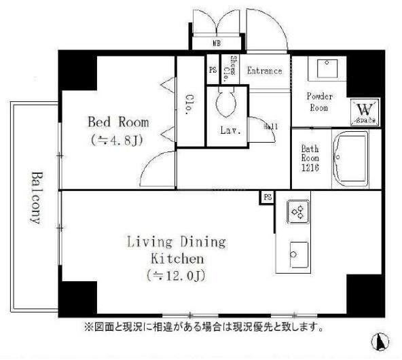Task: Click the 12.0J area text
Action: (176, 276)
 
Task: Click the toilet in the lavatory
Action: (226, 106)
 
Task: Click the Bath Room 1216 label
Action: (310, 158)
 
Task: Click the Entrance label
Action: (264, 71)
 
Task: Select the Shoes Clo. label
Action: (234, 69)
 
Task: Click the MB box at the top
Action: (217, 43)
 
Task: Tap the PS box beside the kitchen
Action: (267, 197)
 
